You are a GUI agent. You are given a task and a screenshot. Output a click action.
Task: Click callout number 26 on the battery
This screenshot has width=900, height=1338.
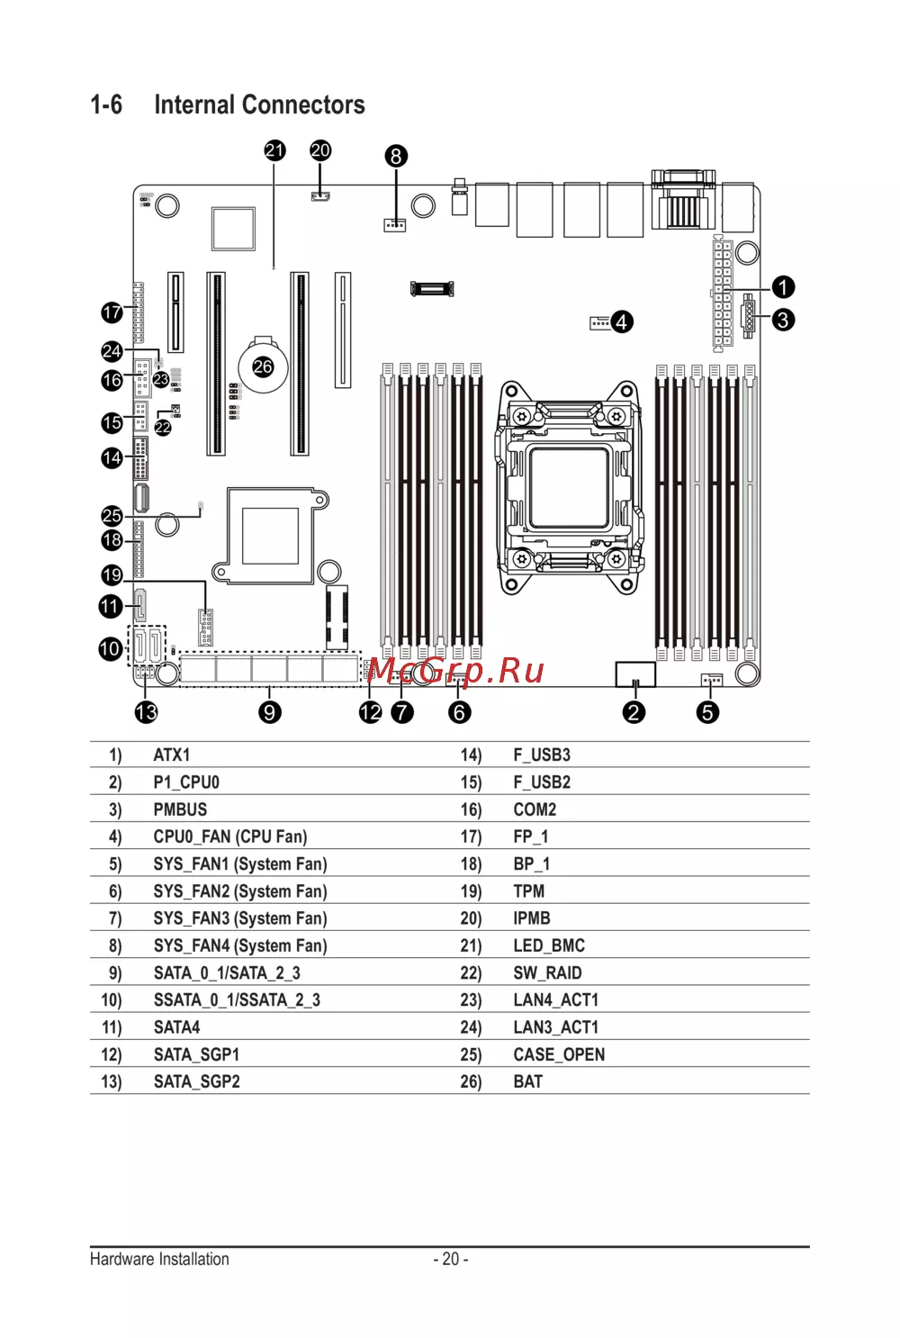pyautogui.click(x=263, y=366)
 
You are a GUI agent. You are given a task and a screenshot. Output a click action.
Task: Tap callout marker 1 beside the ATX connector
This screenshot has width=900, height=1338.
pyautogui.click(x=783, y=287)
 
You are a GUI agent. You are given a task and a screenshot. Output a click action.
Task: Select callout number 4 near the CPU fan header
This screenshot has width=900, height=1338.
pyautogui.click(x=621, y=321)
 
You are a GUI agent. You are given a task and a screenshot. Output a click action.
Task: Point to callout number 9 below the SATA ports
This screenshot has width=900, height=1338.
pyautogui.click(x=270, y=712)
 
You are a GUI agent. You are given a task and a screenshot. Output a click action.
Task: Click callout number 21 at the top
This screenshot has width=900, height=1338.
pyautogui.click(x=274, y=150)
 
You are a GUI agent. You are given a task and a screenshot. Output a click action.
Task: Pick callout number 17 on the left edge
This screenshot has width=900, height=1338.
pyautogui.click(x=112, y=312)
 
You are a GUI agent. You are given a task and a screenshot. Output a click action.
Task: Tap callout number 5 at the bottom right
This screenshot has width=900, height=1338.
pyautogui.click(x=707, y=712)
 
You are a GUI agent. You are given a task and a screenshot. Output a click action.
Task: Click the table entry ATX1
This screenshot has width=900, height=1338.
pyautogui.click(x=172, y=755)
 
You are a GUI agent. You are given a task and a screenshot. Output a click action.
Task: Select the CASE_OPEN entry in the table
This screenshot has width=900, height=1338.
pyautogui.click(x=559, y=1054)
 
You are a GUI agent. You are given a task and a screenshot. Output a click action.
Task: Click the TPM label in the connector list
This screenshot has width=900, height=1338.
pyautogui.click(x=529, y=891)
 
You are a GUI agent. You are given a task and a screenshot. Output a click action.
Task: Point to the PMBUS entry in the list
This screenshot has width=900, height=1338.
pyautogui.click(x=180, y=809)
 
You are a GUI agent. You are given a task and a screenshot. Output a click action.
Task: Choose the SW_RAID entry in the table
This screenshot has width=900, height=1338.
pyautogui.click(x=547, y=973)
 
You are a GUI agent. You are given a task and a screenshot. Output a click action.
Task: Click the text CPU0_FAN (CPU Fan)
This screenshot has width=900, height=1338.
pyautogui.click(x=230, y=836)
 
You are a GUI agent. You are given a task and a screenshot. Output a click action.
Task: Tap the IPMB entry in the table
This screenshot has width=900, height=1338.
pyautogui.click(x=532, y=918)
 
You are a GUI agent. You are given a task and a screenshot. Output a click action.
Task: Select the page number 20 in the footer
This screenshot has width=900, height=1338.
pyautogui.click(x=451, y=1259)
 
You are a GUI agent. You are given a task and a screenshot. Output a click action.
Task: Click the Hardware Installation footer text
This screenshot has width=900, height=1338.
pyautogui.click(x=159, y=1259)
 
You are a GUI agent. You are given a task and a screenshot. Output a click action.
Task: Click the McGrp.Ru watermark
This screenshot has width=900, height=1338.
pyautogui.click(x=456, y=670)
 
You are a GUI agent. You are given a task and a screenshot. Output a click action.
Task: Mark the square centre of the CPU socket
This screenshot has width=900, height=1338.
pyautogui.click(x=569, y=487)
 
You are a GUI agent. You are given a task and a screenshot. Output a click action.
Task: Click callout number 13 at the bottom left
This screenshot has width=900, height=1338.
pyautogui.click(x=146, y=712)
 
